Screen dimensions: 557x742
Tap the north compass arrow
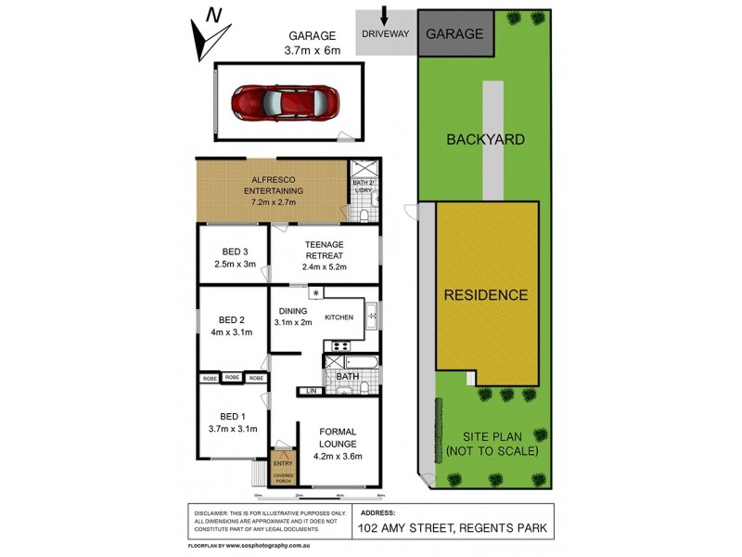pyautogui.click(x=209, y=35)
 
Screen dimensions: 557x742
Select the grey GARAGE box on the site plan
pyautogui.click(x=454, y=34)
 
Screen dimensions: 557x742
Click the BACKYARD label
pyautogui.click(x=485, y=140)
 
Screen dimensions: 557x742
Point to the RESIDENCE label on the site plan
pyautogui.click(x=485, y=295)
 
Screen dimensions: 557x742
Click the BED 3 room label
pyautogui.click(x=235, y=252)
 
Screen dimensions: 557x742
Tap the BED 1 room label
pyautogui.click(x=233, y=416)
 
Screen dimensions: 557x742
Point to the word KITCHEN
pyautogui.click(x=339, y=318)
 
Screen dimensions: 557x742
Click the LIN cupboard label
pyautogui.click(x=311, y=391)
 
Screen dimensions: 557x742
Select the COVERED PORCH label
pyautogui.click(x=283, y=477)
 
